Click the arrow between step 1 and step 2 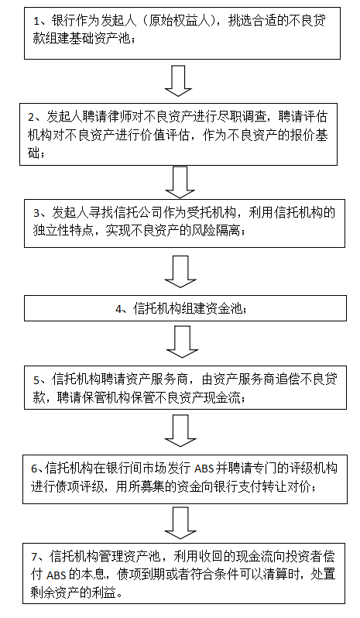point(178,81)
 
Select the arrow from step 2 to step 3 point(180,183)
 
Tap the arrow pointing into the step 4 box point(180,272)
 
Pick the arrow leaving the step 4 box point(182,342)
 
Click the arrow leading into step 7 point(180,523)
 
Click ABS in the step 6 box point(204,469)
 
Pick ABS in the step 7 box point(56,575)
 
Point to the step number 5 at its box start point(36,380)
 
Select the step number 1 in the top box point(36,21)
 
